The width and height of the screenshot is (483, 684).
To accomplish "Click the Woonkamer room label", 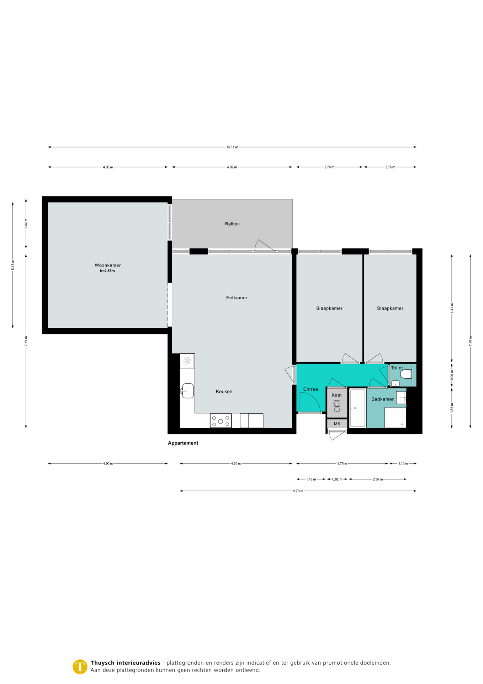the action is click(107, 265).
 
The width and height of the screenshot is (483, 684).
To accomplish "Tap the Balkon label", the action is click(232, 224).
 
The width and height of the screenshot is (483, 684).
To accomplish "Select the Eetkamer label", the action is click(237, 297).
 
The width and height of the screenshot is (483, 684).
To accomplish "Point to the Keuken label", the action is click(224, 392).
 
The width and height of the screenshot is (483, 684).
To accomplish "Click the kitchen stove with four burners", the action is click(221, 420).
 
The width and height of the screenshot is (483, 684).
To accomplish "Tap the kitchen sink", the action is click(187, 391).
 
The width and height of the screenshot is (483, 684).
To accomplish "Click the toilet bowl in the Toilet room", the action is click(406, 374).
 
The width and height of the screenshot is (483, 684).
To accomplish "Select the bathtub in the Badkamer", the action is click(358, 408).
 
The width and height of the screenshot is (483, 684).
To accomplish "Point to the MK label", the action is click(337, 424).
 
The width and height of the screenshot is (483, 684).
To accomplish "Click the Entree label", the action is click(310, 389).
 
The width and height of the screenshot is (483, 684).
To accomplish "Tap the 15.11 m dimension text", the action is click(232, 147).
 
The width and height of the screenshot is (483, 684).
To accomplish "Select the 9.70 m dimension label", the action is click(298, 491).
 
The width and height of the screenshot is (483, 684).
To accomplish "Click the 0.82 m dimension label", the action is click(337, 479).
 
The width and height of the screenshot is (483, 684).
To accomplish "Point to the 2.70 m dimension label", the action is click(329, 167).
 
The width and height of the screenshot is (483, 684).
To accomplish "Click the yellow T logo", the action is click(80, 667).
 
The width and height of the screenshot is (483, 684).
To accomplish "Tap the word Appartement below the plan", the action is click(183, 443).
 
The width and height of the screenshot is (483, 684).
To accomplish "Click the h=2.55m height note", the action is click(107, 271).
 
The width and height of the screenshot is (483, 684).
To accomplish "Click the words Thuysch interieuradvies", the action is click(126, 663).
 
